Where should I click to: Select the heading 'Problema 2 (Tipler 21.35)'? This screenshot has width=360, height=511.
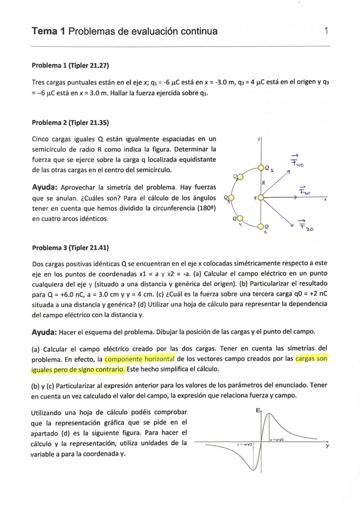(69, 123)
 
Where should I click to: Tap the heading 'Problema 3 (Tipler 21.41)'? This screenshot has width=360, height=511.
(69, 248)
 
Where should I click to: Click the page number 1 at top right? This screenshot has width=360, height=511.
(326, 31)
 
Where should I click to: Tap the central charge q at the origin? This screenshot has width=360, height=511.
(261, 197)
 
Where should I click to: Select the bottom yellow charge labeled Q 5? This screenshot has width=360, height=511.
(261, 227)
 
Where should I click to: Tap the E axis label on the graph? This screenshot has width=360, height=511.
(258, 411)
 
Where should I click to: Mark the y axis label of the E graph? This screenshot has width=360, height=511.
(327, 446)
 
